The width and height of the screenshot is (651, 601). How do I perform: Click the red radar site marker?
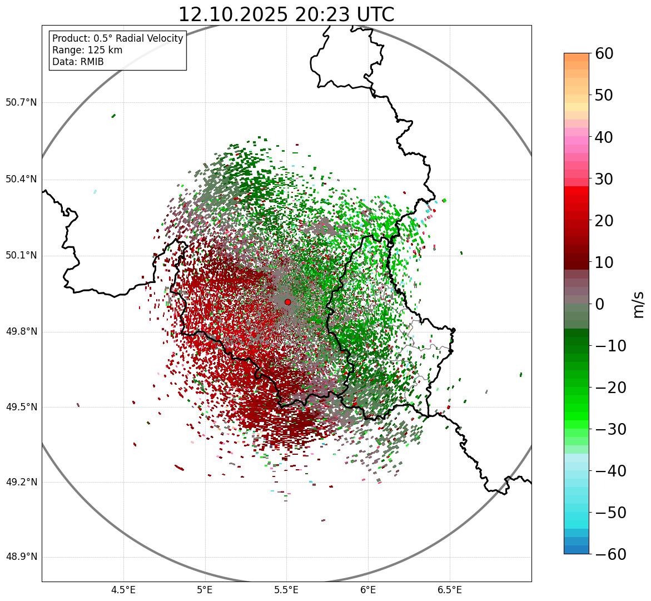click(x=287, y=302)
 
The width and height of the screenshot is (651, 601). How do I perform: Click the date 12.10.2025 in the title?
click(x=233, y=14)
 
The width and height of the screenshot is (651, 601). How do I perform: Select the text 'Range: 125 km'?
click(x=87, y=50)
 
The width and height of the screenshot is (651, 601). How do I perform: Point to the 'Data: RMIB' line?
click(x=78, y=62)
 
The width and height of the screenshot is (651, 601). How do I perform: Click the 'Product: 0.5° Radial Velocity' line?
click(x=117, y=38)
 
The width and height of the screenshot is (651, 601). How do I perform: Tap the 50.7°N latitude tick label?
click(x=21, y=102)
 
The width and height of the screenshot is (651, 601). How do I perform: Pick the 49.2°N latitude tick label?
click(x=21, y=482)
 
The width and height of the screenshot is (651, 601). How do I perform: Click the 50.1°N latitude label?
click(x=21, y=256)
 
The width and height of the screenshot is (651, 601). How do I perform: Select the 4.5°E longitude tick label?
click(x=123, y=589)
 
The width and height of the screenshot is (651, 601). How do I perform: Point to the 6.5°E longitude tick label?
click(x=449, y=589)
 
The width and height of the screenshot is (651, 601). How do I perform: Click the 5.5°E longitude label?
click(x=286, y=589)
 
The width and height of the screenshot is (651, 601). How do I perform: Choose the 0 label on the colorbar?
click(x=600, y=304)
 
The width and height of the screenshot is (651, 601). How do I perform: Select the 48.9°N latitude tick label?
click(x=21, y=557)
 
